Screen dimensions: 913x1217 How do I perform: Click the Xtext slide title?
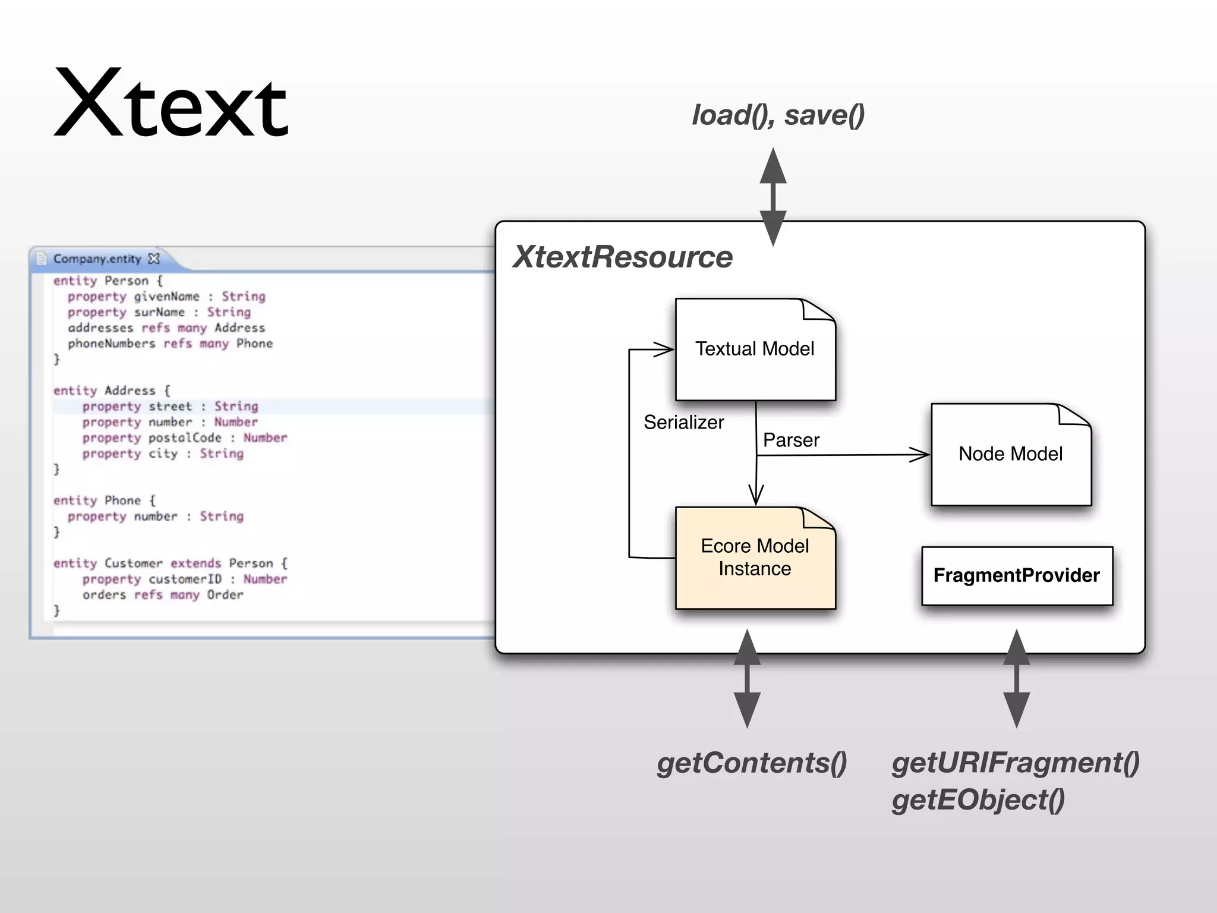[171, 105]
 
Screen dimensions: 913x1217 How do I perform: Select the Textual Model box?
[755, 350]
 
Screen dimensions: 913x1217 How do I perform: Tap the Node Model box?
[1010, 455]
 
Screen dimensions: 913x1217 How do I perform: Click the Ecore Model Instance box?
[755, 558]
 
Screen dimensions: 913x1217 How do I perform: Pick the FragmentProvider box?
[1016, 575]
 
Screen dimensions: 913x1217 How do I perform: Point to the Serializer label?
[683, 423]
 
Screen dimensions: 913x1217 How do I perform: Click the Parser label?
[791, 440]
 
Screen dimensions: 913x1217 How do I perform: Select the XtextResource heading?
[622, 257]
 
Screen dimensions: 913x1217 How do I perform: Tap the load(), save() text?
[778, 115]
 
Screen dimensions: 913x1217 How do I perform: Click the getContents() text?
[752, 763]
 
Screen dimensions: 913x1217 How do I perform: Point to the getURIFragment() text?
[1015, 763]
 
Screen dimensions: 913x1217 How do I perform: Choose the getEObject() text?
[978, 800]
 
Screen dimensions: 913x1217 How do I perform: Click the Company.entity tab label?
[97, 259]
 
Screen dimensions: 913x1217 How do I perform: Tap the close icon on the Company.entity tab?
[154, 259]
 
